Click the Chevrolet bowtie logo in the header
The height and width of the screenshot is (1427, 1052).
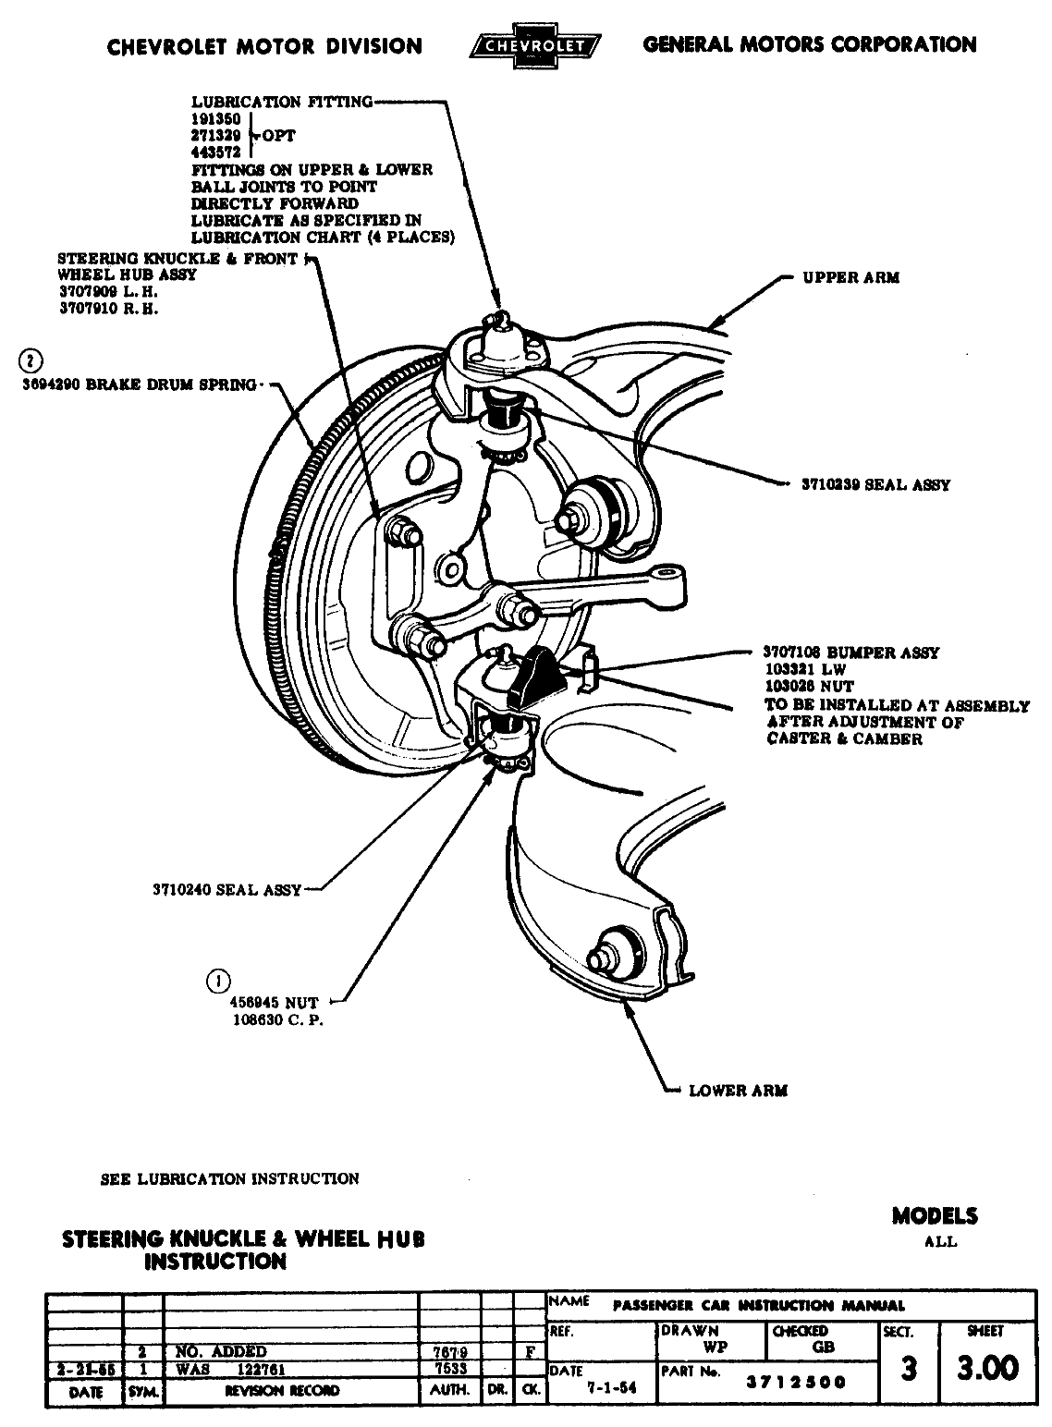point(535,44)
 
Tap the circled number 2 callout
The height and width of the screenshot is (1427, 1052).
point(31,360)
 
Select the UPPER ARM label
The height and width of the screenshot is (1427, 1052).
point(850,277)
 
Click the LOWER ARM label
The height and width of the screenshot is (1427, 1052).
point(738,1091)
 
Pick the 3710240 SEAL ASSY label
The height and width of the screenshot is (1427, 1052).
point(227,890)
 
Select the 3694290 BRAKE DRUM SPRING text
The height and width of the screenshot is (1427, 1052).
point(139,385)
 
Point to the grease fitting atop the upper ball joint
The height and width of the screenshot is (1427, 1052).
point(500,320)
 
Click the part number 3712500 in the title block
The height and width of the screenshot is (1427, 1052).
point(796,1383)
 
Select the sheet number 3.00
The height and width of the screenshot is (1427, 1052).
point(987,1367)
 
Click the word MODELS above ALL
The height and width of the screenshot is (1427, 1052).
point(934,1216)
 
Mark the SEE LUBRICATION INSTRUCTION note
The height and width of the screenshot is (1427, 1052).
point(229,1179)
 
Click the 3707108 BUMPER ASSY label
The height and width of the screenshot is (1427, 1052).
point(851,653)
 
